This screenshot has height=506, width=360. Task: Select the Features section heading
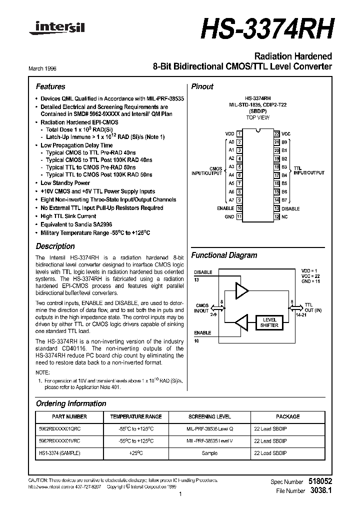coord(50,86)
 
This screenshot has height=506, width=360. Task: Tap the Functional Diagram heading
coord(224,255)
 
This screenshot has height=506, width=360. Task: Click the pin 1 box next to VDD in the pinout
coord(240,133)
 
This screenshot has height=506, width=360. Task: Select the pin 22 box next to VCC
coord(276,133)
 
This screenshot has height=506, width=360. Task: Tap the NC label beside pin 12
coord(284,216)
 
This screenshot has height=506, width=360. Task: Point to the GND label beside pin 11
coord(229,216)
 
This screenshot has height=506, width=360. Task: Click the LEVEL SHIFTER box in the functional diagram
coord(269,322)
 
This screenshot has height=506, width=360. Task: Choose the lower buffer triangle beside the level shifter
coord(242,322)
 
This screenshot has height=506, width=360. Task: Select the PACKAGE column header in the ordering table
coord(287,416)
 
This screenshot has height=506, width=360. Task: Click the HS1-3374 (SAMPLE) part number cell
coord(59,453)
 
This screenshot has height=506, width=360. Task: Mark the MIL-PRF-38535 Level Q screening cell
coord(209,429)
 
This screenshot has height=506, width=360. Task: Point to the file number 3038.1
coord(320,491)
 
